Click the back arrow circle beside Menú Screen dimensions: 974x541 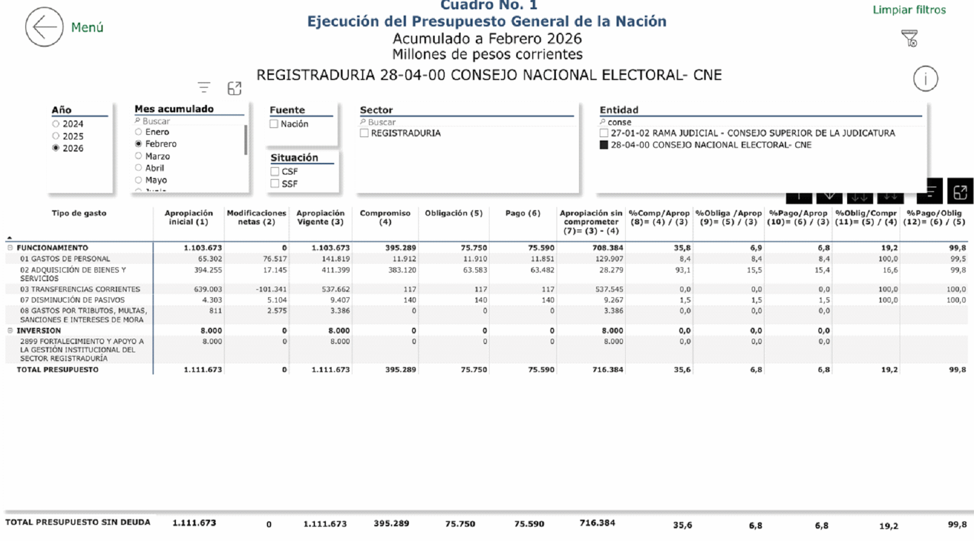pyautogui.click(x=44, y=27)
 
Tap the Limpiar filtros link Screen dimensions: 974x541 pyautogui.click(x=909, y=10)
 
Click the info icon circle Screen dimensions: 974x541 pyautogui.click(x=926, y=79)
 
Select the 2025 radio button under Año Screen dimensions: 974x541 pyautogui.click(x=56, y=136)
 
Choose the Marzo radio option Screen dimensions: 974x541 pyautogui.click(x=138, y=156)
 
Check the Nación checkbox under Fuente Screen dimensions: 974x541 pyautogui.click(x=274, y=124)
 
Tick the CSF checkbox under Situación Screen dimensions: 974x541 pyautogui.click(x=275, y=171)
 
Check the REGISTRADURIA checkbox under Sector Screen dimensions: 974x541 pyautogui.click(x=364, y=133)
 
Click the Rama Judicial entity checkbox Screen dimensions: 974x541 pyautogui.click(x=604, y=133)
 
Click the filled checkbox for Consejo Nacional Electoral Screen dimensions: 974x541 pyautogui.click(x=604, y=145)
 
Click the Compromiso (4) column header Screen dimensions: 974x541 pyautogui.click(x=385, y=217)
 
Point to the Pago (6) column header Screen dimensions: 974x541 pyautogui.click(x=522, y=213)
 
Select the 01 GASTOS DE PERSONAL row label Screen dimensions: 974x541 pyautogui.click(x=65, y=259)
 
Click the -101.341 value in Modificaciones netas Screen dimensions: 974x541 pyautogui.click(x=271, y=289)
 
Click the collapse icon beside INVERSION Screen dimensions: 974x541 pyautogui.click(x=10, y=331)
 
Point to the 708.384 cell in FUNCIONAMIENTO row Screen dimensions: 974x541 pyautogui.click(x=607, y=248)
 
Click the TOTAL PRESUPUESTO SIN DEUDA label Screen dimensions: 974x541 pyautogui.click(x=78, y=522)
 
